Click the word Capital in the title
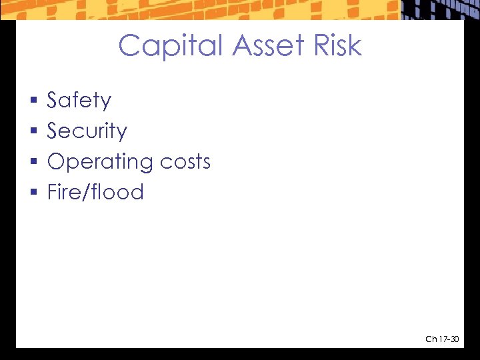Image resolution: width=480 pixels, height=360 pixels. tap(171, 46)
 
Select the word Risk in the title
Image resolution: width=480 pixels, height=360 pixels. tap(339, 46)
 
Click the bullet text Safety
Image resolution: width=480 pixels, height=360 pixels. tap(79, 101)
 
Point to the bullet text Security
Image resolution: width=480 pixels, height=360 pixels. tap(87, 131)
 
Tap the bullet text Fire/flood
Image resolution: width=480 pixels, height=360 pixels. tap(95, 193)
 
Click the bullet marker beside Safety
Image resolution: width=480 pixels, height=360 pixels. tap(33, 101)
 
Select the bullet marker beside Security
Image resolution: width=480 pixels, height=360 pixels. tap(33, 132)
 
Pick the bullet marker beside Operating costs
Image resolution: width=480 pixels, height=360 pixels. tap(33, 163)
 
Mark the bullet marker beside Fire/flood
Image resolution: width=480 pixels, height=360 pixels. tap(33, 193)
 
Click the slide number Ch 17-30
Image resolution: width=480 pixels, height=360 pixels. tap(442, 340)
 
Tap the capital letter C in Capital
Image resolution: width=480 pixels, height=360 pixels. tap(130, 46)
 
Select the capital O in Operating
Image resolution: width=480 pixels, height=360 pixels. tap(55, 162)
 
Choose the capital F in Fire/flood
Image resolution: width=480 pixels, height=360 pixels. tap(52, 193)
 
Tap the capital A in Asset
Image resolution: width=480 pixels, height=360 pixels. tap(244, 46)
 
